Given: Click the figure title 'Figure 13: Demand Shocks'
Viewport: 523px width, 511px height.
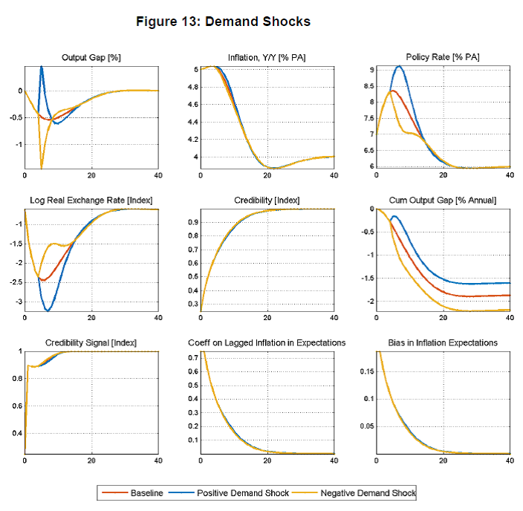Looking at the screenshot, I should point(223,22).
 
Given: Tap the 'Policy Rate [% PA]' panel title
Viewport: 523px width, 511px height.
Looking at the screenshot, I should point(443,57).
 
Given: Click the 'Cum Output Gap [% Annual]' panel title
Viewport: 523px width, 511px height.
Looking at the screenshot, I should point(443,200).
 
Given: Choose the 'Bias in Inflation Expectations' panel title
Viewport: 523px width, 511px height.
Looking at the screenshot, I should point(443,342).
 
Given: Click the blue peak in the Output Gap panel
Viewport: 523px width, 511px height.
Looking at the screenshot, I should point(41,67).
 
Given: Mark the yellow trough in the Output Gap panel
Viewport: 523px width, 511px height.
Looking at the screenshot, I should point(41,169).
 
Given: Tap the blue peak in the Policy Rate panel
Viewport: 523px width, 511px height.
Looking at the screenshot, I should point(400,66).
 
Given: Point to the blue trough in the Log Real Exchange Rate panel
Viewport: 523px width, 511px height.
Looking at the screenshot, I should point(49,310).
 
